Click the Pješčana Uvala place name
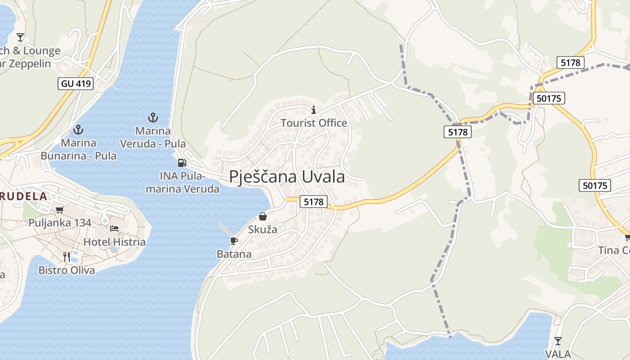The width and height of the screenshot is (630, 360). [x=287, y=177]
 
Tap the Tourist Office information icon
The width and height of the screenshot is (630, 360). [x=314, y=110]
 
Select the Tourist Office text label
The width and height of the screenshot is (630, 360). [x=314, y=123]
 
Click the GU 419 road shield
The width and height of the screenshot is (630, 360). [x=76, y=83]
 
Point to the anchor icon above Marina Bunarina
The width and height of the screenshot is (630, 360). [x=79, y=130]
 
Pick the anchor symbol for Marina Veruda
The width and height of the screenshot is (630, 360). [x=153, y=118]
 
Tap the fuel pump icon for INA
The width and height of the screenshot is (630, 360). [x=182, y=163]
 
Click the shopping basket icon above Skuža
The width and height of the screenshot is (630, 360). [x=263, y=216]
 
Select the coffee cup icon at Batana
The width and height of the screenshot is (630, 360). [x=234, y=241]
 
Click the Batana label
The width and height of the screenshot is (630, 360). [x=234, y=254]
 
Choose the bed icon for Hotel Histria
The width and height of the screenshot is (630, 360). [x=114, y=229]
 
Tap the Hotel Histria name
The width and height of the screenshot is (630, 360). [x=114, y=242]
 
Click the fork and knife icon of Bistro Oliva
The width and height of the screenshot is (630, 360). [x=67, y=256]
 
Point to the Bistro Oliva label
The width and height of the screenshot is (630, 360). [x=67, y=270]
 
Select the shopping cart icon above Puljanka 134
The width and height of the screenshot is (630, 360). [x=59, y=209]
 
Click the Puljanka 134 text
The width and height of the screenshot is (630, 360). [x=60, y=223]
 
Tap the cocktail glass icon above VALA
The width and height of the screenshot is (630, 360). [x=558, y=341]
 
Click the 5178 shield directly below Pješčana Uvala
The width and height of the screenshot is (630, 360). [x=314, y=202]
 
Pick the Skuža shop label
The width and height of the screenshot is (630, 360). [x=263, y=229]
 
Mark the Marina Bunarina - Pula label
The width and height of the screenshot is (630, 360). [x=79, y=149]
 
